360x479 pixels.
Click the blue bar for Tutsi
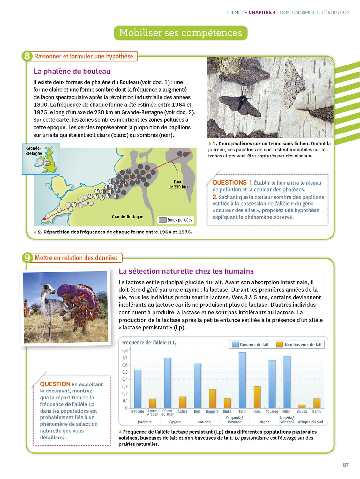point(242,380)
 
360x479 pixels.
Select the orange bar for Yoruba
point(302,406)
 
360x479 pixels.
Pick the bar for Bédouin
point(138,389)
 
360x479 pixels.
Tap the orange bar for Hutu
point(257,397)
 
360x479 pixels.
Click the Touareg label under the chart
point(272,412)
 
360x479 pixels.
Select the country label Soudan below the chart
point(204,422)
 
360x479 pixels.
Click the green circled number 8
point(27,56)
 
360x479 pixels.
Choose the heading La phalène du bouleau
point(72,71)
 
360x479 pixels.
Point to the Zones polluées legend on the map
point(176,220)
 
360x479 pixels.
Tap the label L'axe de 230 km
point(178,184)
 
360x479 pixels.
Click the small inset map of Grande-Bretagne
point(41,159)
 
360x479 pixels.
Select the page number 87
point(346,465)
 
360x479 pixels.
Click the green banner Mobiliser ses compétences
point(181,33)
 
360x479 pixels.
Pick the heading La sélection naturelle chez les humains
point(186,271)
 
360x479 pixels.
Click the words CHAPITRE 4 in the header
point(262,12)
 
